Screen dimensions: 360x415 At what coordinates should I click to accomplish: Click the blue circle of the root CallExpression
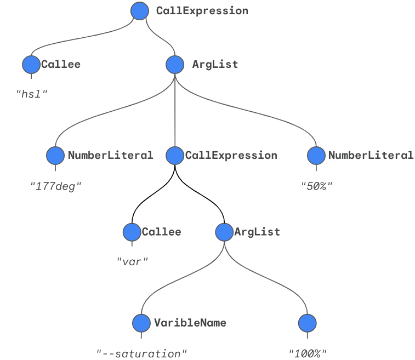tap(140, 10)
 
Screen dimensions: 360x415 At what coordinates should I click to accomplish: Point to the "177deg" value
tap(56, 186)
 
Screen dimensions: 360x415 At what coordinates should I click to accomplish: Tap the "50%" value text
tap(317, 186)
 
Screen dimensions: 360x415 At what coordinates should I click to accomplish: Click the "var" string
tap(133, 261)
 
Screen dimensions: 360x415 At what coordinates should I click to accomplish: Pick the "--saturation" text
tap(142, 353)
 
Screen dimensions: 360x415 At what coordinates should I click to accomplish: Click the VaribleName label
tap(190, 323)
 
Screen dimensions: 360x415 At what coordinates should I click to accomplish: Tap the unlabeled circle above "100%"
tap(308, 323)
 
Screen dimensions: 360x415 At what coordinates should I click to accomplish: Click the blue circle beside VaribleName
tap(141, 323)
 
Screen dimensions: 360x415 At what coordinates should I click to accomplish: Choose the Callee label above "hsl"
tap(61, 64)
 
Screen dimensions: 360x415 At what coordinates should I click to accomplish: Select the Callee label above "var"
tap(161, 232)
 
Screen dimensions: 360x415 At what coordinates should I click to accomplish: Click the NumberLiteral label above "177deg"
tap(111, 155)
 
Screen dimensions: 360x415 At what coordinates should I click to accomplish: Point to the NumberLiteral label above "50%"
tap(371, 155)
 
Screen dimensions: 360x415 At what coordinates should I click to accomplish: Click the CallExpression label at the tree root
tap(202, 10)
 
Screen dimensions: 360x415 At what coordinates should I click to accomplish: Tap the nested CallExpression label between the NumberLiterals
tap(231, 155)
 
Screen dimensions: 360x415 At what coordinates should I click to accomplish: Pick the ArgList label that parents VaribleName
tap(257, 232)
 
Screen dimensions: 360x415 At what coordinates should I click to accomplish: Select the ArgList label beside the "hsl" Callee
tap(215, 64)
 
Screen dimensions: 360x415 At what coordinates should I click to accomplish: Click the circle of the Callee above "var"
tap(132, 232)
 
